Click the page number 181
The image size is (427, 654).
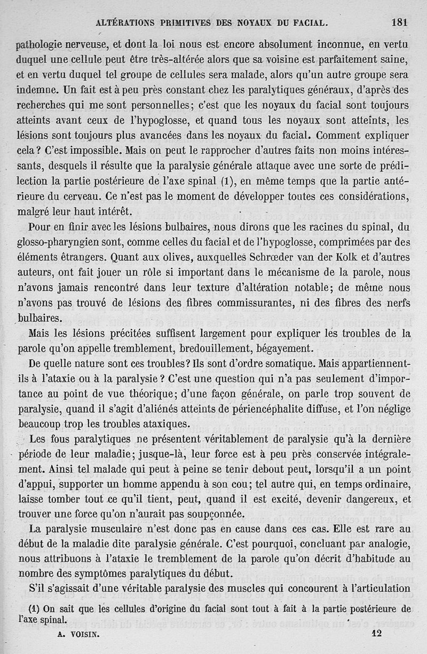click(x=399, y=22)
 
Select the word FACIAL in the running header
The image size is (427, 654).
click(x=306, y=23)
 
